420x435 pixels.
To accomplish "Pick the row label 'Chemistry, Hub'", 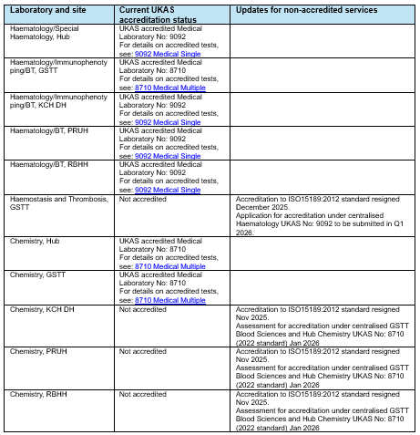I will click(34, 241).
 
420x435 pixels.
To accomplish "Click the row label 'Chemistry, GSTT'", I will click(36, 274).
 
